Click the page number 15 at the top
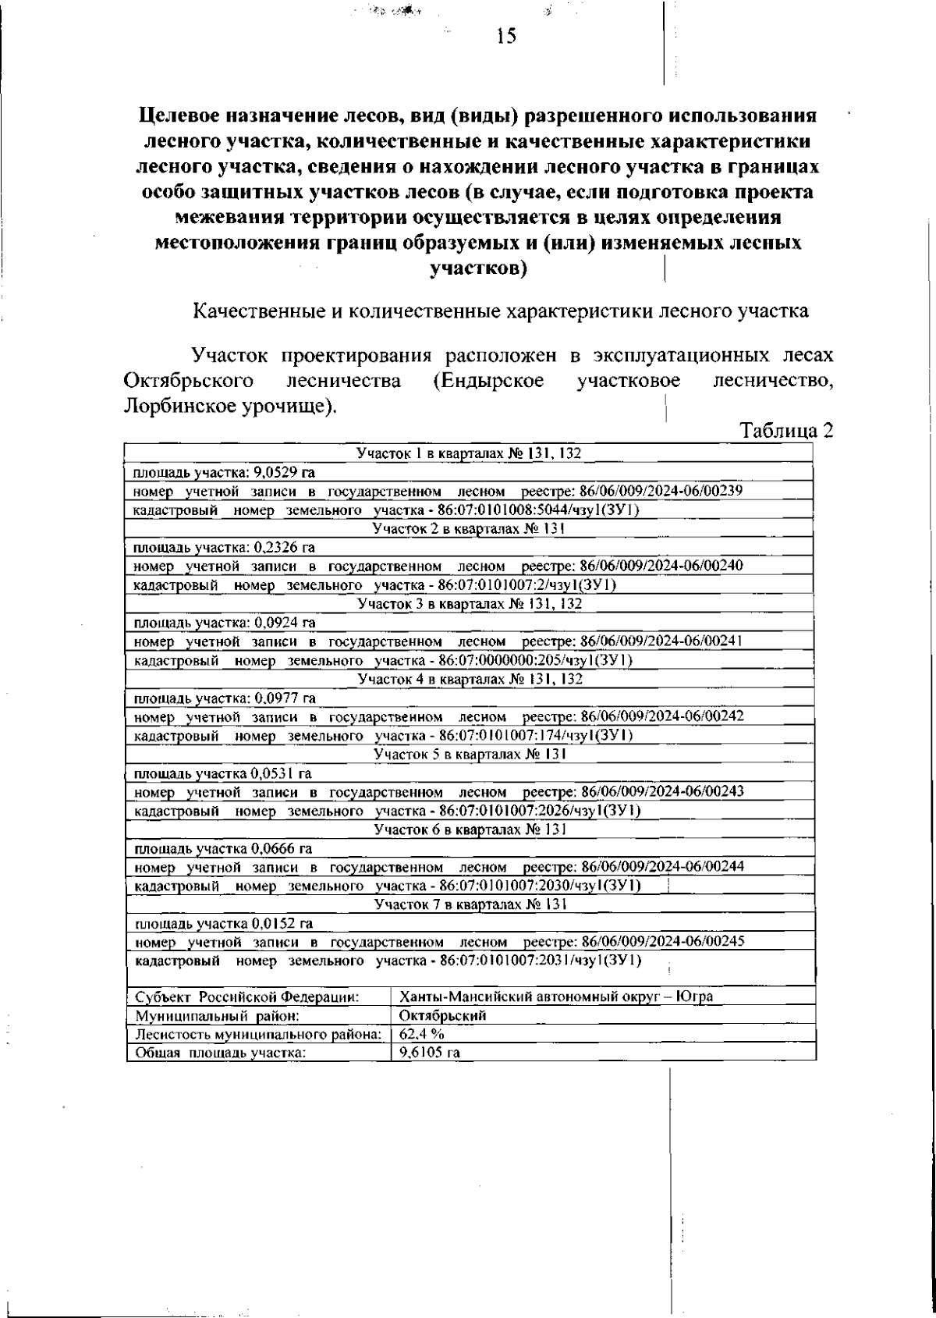click(x=505, y=36)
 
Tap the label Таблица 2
click(x=775, y=431)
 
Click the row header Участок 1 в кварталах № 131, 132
click(x=469, y=453)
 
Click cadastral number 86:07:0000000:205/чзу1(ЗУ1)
click(x=535, y=660)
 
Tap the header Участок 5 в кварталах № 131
click(x=469, y=754)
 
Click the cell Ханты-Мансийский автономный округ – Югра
click(x=555, y=997)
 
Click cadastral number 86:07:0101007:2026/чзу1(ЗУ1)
click(x=540, y=811)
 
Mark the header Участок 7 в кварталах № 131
click(x=469, y=904)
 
